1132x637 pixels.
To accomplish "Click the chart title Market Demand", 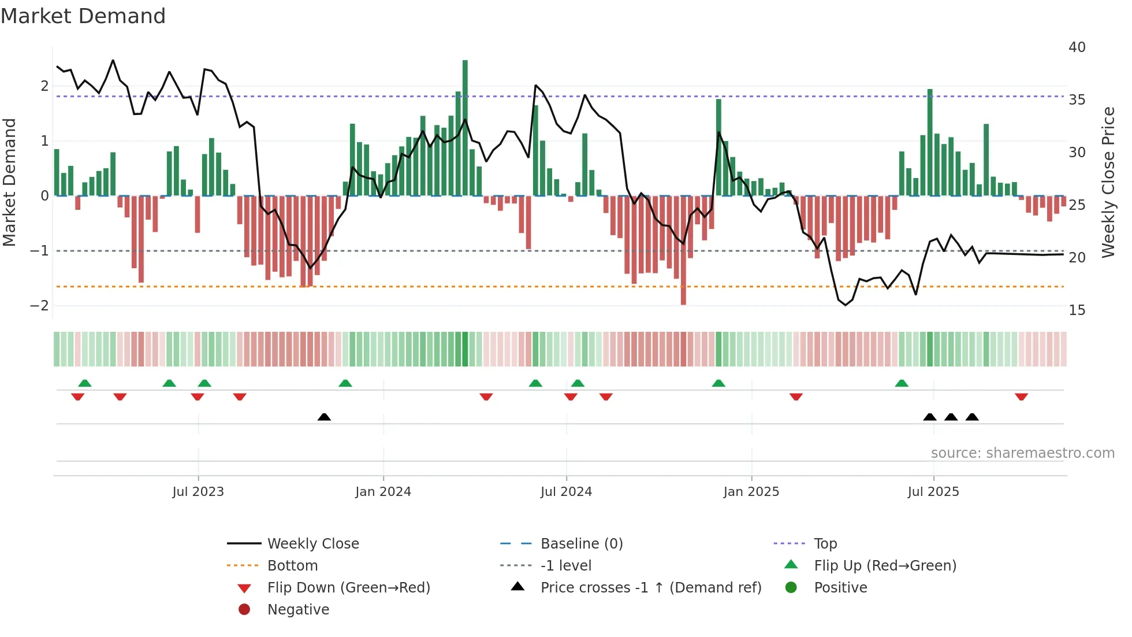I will click(x=83, y=16).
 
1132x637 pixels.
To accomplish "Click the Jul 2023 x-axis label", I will click(x=198, y=492).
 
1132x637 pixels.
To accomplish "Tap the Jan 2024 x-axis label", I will click(x=383, y=492).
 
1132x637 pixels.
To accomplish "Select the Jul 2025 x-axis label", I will click(x=933, y=492).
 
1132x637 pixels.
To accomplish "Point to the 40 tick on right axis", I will click(x=1077, y=47).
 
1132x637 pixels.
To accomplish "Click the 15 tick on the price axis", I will click(x=1077, y=310).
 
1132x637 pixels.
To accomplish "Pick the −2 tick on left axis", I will click(x=39, y=306).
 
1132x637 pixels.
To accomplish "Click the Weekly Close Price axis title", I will click(x=1108, y=182).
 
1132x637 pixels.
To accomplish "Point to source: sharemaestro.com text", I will click(x=1022, y=453).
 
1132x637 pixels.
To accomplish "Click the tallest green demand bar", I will click(x=465, y=127).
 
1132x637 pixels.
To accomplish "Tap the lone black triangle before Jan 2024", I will click(x=324, y=417).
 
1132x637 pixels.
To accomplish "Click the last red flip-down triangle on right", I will click(x=1021, y=397).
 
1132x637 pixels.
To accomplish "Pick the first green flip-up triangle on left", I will click(x=85, y=383).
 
